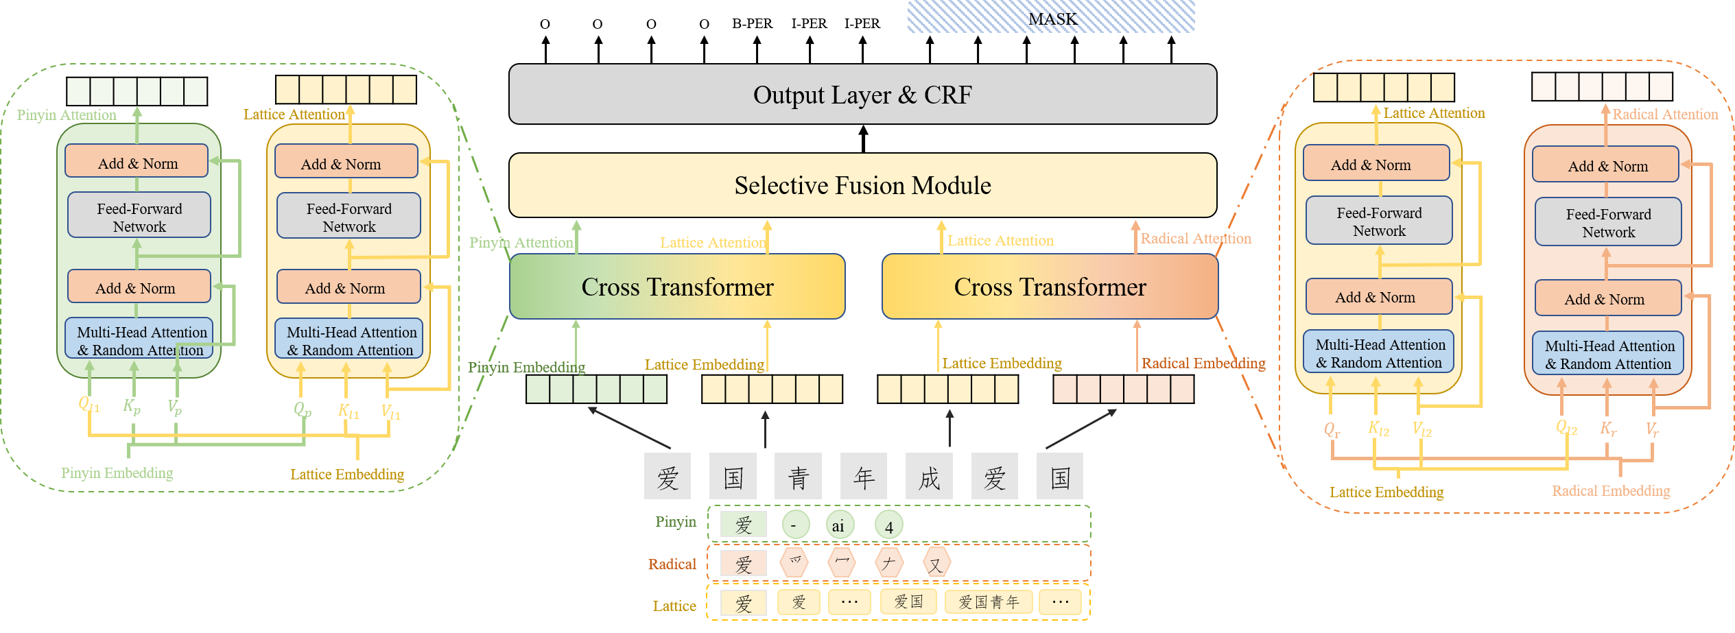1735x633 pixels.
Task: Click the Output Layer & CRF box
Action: pyautogui.click(x=862, y=95)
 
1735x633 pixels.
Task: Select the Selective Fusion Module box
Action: pyautogui.click(x=862, y=185)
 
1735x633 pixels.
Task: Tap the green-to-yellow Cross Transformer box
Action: pyautogui.click(x=677, y=287)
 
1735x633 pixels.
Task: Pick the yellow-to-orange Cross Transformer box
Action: pyautogui.click(x=1050, y=287)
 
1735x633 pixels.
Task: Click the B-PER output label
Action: pyautogui.click(x=752, y=24)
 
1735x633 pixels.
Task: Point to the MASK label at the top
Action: pyautogui.click(x=1052, y=19)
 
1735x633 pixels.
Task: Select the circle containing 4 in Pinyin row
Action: pyautogui.click(x=888, y=525)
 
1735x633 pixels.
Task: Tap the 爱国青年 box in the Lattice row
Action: pyautogui.click(x=989, y=602)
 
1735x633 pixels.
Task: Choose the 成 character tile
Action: pyautogui.click(x=929, y=476)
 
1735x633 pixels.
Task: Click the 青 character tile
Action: pyautogui.click(x=798, y=476)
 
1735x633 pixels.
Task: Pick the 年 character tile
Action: pyautogui.click(x=864, y=476)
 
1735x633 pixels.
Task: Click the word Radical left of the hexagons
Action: pyautogui.click(x=672, y=564)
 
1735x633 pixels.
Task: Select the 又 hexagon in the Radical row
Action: pyautogui.click(x=936, y=563)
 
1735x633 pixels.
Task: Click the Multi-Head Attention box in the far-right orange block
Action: pyautogui.click(x=1608, y=353)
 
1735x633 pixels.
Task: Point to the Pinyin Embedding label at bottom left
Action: pyautogui.click(x=117, y=473)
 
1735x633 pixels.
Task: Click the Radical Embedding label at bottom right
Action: pyautogui.click(x=1611, y=491)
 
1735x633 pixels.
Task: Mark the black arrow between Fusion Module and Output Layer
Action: pyautogui.click(x=863, y=139)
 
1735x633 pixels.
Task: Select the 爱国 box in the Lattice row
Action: pyautogui.click(x=908, y=602)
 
